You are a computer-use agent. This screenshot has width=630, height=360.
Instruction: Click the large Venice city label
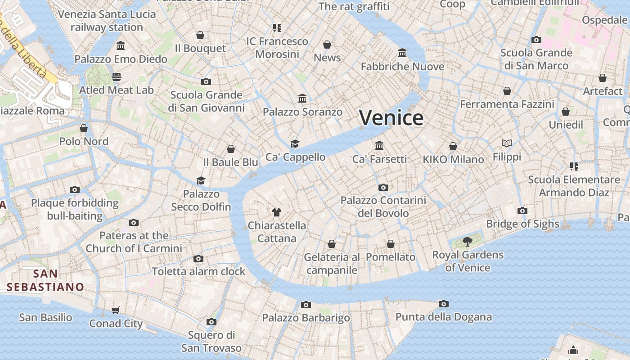pos(391,118)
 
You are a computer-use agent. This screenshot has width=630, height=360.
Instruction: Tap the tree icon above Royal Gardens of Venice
pos(468,242)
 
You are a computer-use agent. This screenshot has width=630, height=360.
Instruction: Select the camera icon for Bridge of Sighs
pos(522,211)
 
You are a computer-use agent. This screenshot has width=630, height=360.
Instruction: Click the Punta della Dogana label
pos(443,317)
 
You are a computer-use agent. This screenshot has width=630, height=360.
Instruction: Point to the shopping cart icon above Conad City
pos(116,310)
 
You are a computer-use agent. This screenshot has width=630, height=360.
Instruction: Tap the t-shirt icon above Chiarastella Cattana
pos(276,212)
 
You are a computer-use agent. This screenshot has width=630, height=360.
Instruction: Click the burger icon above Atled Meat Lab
pos(117,77)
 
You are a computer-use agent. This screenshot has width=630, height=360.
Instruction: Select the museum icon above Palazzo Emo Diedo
pos(121,46)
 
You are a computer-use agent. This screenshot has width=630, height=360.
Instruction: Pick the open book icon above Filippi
pos(507,144)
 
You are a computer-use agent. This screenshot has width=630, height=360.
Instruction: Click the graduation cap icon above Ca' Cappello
pos(295,144)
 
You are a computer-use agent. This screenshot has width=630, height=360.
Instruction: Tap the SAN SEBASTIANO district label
pos(45,280)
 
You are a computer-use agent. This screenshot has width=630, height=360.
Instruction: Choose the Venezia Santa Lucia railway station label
pos(107,21)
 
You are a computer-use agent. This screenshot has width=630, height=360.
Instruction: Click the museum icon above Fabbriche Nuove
pos(402,53)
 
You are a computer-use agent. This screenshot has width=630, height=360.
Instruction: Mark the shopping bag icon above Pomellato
pos(391,244)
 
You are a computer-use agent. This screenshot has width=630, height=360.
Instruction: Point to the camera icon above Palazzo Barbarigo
pos(306,305)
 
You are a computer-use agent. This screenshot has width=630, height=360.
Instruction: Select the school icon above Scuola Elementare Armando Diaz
pos(574,166)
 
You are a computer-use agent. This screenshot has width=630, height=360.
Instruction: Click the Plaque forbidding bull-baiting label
pos(75,209)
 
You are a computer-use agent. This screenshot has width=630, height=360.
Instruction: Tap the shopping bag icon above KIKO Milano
pos(453,146)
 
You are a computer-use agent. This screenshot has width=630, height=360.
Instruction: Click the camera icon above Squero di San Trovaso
pos(211,322)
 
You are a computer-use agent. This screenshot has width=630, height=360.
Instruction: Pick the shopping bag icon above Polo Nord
pos(84,128)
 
